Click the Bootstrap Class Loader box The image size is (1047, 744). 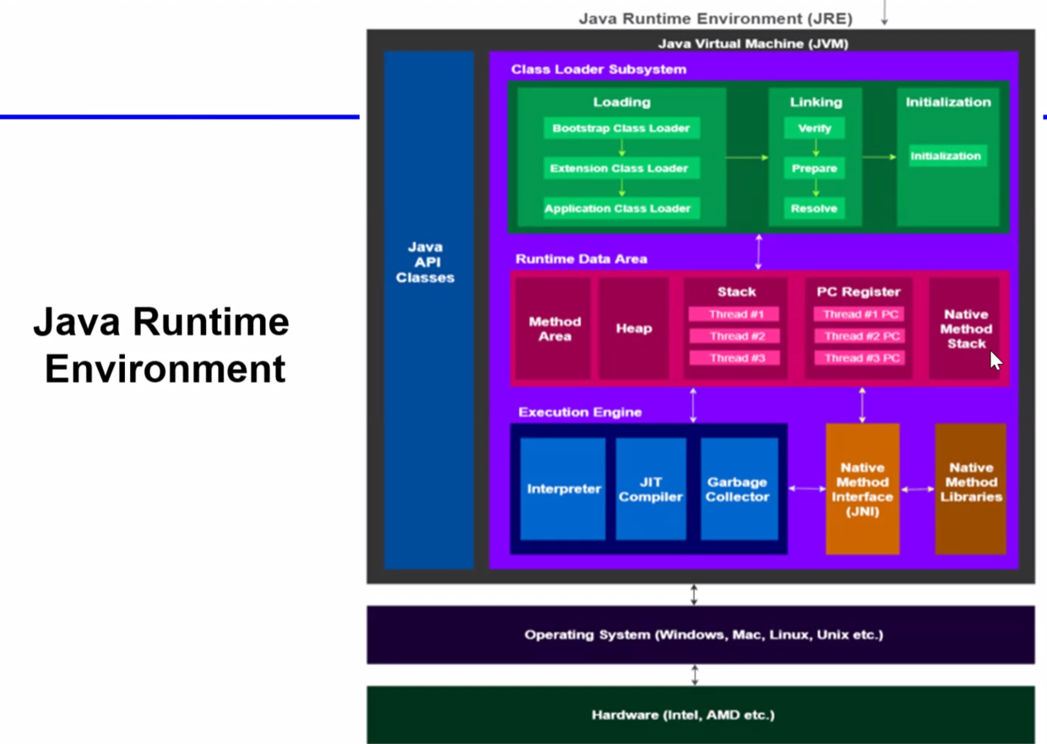(x=621, y=128)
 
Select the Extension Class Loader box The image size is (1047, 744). (x=621, y=168)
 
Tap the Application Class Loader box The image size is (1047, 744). (x=621, y=208)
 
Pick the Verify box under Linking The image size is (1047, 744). (x=815, y=128)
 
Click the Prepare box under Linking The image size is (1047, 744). (x=815, y=168)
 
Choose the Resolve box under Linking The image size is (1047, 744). (x=815, y=208)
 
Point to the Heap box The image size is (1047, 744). (x=634, y=329)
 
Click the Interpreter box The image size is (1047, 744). (x=563, y=489)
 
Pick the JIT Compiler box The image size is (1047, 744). (x=651, y=489)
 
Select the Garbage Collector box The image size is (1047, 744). (x=740, y=489)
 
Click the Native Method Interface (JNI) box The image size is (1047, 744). (x=863, y=489)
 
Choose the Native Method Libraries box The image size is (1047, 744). (x=971, y=489)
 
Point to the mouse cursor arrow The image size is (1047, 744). (x=996, y=361)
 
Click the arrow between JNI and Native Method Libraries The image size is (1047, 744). (x=918, y=489)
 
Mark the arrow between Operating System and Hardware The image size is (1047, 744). (x=695, y=676)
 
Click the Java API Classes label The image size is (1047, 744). (x=426, y=262)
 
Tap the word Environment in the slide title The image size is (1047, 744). (x=165, y=368)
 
